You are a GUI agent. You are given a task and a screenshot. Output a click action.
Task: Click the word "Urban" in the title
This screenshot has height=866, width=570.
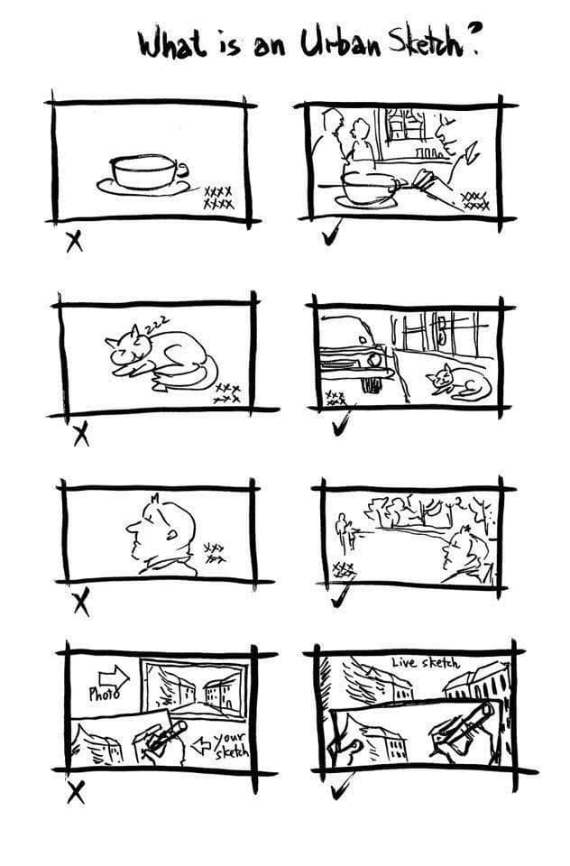pos(340,43)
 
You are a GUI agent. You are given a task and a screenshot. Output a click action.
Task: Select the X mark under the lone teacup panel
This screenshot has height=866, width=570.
pos(75,242)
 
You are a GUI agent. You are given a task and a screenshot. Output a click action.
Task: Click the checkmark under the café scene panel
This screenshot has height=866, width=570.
pos(331,233)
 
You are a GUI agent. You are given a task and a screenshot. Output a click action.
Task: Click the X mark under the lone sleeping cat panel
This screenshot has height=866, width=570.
pos(81,434)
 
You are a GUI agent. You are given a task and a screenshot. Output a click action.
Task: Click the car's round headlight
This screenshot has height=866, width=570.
pos(374,359)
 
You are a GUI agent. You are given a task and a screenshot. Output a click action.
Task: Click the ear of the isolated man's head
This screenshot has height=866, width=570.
pos(172,534)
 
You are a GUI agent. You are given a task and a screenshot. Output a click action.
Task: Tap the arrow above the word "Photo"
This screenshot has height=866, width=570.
pos(113,676)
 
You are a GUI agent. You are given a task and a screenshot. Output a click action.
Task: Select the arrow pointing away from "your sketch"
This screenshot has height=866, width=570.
pos(202,746)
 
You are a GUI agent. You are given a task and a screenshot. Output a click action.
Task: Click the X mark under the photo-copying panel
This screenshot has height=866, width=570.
pos(76,793)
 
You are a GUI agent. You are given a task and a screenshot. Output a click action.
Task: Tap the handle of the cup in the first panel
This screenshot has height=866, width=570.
pos(181,169)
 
